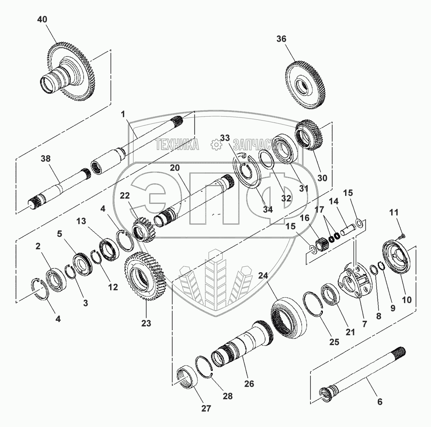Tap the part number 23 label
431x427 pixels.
click(146, 323)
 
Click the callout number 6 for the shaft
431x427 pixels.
click(380, 402)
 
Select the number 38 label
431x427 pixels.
click(46, 158)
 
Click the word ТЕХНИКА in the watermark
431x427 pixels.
click(177, 145)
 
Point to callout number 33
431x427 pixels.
click(225, 138)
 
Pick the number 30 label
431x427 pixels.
click(322, 178)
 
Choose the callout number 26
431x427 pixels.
click(249, 384)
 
